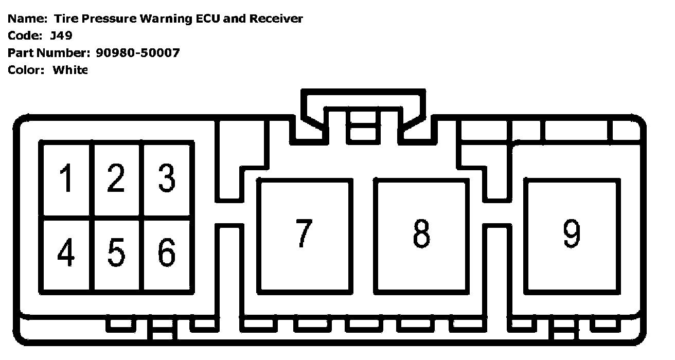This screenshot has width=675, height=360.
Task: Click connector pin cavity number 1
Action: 67,179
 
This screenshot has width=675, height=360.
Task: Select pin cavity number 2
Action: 117,179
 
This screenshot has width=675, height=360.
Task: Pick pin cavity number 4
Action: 67,254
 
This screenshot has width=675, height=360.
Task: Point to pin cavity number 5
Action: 117,254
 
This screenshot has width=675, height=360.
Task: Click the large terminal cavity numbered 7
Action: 305,236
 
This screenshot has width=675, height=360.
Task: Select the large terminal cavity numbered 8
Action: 421,236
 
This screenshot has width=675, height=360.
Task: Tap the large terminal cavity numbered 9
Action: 572,236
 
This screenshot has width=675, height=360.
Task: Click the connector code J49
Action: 61,36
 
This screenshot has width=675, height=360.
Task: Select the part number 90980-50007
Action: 138,53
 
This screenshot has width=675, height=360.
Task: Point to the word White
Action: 70,70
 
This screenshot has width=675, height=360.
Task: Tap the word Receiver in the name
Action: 276,19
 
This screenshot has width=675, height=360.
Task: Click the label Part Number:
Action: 49,53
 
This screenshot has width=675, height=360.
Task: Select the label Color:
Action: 26,70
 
